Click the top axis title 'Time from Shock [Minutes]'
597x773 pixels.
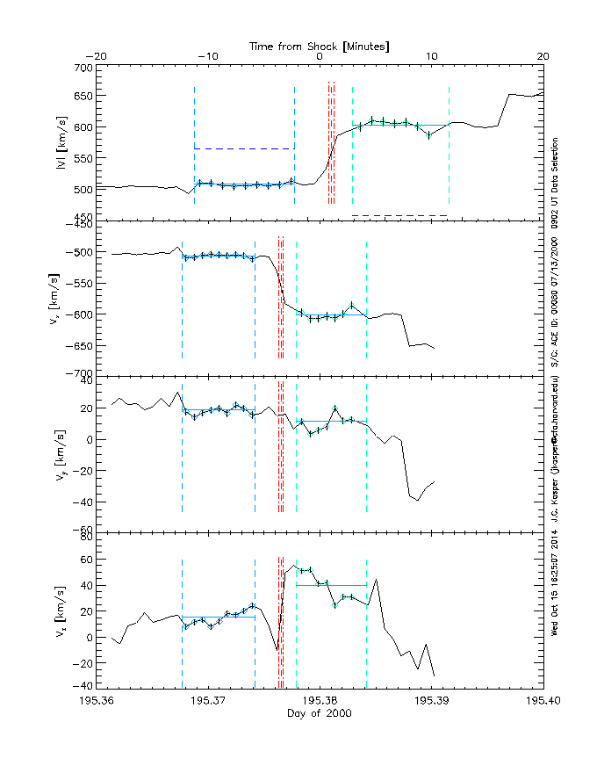(319, 45)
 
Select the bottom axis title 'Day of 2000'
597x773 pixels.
(319, 713)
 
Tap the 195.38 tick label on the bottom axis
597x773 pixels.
(319, 701)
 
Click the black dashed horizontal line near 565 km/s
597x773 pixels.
(244, 148)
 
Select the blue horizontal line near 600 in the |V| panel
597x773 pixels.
(400, 125)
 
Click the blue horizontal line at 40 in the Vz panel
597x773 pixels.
(331, 585)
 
